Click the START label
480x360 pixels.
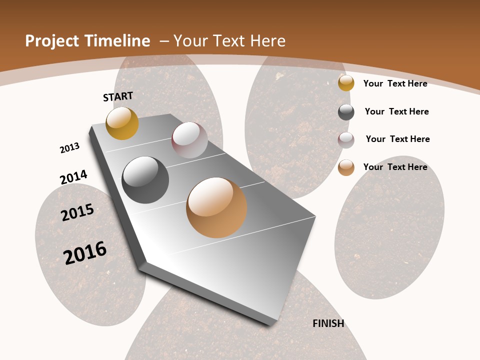pos(118,96)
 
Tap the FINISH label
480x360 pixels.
pos(328,323)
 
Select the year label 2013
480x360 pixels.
pos(69,148)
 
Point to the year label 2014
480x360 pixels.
pos(73,177)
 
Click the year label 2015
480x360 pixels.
pos(77,212)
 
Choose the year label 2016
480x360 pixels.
pos(85,252)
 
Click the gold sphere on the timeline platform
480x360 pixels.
pos(122,123)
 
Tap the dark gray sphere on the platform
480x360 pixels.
pos(145,180)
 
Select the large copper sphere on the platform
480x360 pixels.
pos(216,207)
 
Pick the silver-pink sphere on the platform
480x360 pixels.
pos(189,140)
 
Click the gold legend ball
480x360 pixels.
pos(346,83)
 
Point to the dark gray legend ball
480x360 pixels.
pos(346,112)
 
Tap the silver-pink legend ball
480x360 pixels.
pos(346,140)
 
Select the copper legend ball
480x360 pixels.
pos(346,167)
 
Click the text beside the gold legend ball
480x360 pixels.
pos(395,83)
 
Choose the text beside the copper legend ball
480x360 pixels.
pos(395,167)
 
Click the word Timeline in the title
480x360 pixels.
pos(118,41)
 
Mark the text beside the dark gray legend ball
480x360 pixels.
pos(396,111)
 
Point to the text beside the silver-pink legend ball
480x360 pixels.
pos(397,139)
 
